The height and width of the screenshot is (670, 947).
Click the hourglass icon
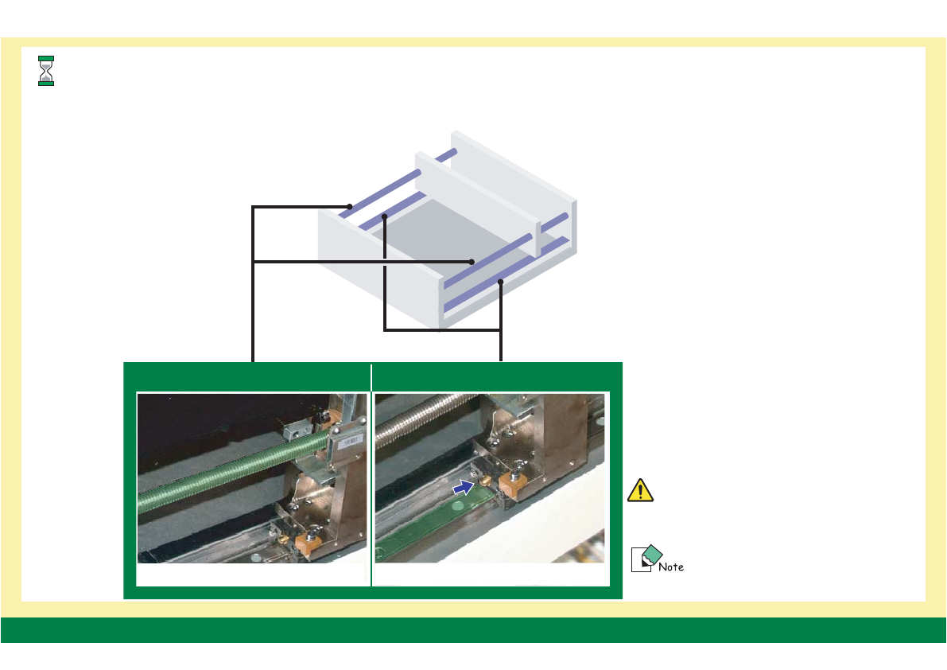[46, 71]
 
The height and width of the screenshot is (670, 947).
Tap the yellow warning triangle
[640, 491]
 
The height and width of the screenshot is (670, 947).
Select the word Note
[672, 567]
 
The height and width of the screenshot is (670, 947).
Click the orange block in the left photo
[306, 544]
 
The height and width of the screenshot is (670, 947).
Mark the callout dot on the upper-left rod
[349, 207]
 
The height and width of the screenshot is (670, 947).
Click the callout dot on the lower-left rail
[384, 216]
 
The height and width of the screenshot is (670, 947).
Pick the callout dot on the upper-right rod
[472, 261]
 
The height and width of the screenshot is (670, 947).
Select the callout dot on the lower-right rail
[501, 282]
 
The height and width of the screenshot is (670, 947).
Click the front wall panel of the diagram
[374, 255]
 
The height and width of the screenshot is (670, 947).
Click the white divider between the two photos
[371, 477]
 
